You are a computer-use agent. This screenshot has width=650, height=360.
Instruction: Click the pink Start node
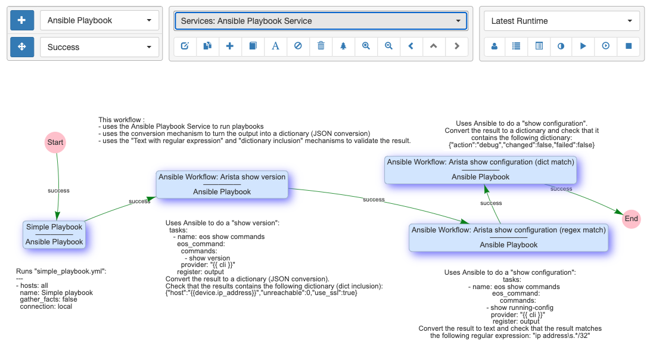point(55,142)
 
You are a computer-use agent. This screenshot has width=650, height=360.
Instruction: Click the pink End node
point(632,219)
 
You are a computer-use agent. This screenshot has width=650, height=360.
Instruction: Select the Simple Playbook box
point(54,234)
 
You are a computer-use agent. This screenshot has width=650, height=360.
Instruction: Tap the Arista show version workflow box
point(222,184)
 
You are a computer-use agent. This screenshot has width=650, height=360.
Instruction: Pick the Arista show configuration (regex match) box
point(508,237)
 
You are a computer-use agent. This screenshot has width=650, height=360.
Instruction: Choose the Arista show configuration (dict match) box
point(480,169)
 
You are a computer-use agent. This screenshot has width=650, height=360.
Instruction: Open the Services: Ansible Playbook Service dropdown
point(321,21)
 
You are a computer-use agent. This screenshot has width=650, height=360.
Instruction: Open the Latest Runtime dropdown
point(561,21)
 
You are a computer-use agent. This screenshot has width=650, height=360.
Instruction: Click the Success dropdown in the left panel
point(99,47)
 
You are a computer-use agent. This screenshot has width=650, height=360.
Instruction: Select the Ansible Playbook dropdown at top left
point(99,20)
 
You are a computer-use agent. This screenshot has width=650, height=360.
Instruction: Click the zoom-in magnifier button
point(366,46)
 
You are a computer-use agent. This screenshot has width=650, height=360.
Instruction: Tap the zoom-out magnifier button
point(388,46)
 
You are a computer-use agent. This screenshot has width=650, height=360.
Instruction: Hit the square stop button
point(629,46)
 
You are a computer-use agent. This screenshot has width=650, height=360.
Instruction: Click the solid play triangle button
point(583,46)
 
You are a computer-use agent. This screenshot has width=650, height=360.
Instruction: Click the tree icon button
point(343,46)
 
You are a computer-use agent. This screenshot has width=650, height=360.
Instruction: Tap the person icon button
point(495,46)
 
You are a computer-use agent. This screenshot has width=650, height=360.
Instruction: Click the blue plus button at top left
point(22,20)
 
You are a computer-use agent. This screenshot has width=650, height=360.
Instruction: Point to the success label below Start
point(58,191)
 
